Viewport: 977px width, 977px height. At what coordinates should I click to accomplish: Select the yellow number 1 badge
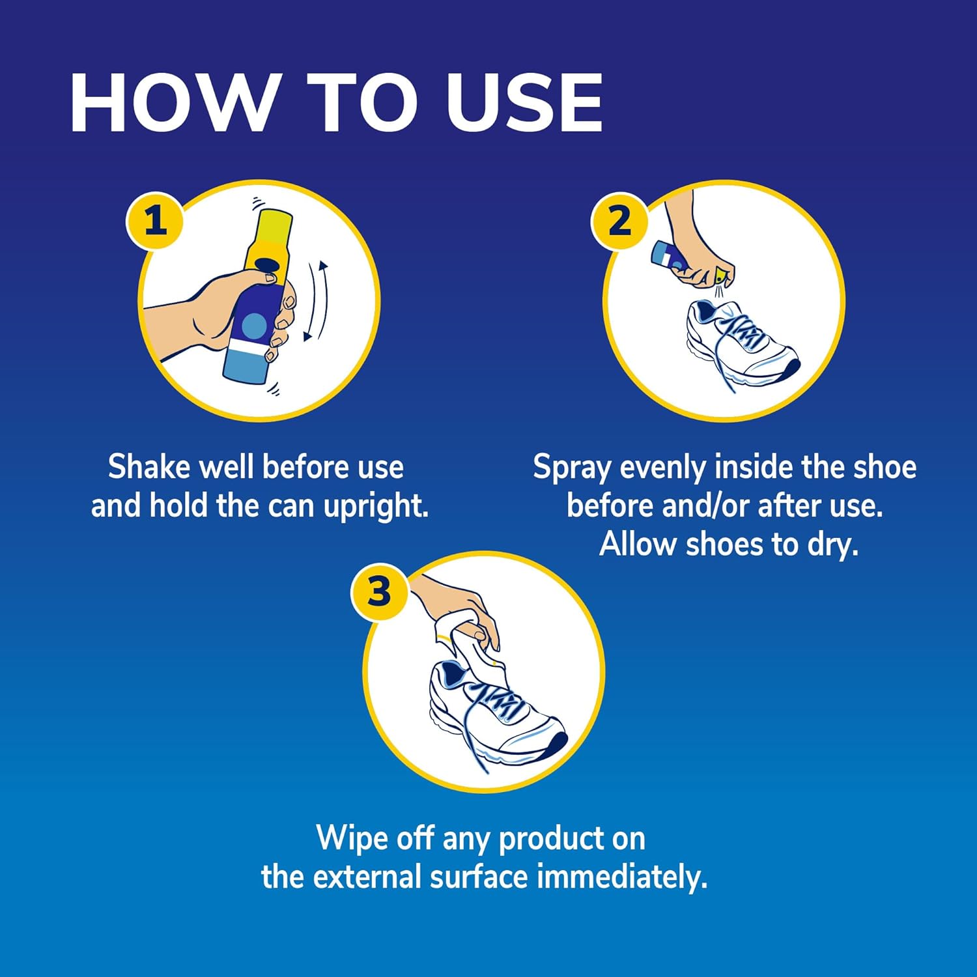154,221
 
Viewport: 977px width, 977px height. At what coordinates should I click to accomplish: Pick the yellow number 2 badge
619,221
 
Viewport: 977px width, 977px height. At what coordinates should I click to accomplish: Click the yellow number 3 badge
379,591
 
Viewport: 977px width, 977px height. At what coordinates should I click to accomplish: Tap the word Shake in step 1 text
149,467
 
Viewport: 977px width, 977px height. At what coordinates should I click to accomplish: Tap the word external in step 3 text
367,877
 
